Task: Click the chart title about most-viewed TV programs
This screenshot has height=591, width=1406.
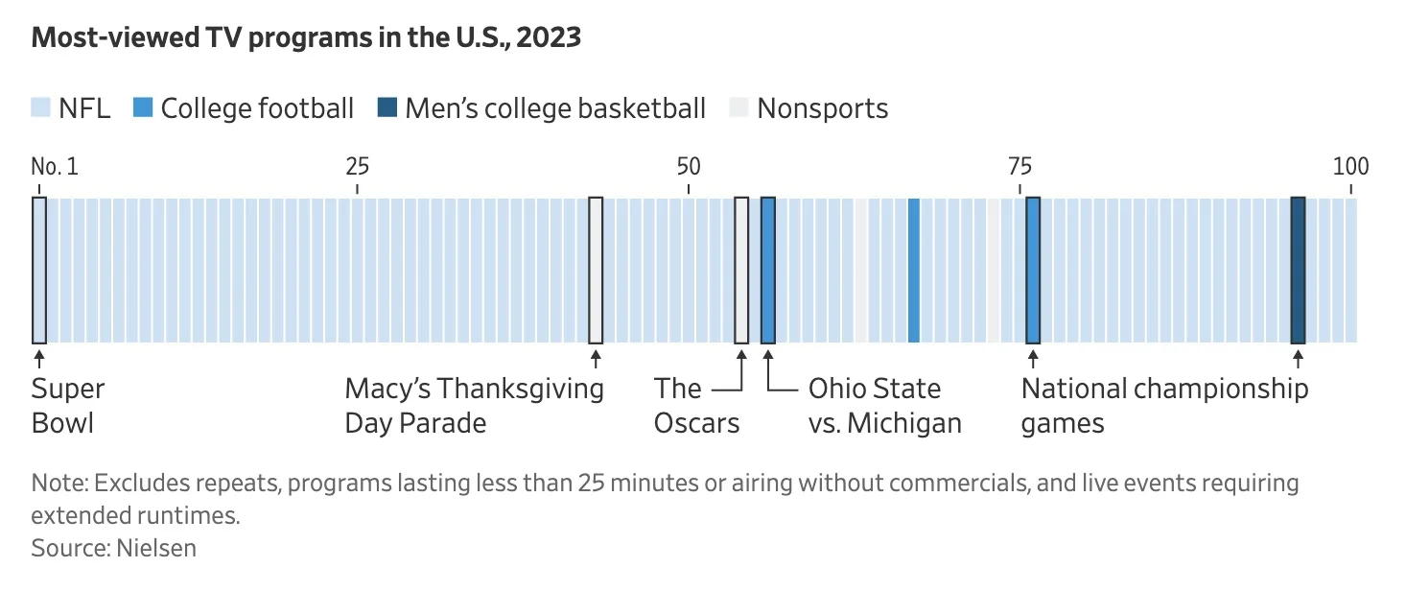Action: coord(306,38)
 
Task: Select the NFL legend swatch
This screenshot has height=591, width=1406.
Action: coord(40,108)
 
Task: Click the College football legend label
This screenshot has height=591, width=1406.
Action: coord(257,108)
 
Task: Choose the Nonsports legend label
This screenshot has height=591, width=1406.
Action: coord(822,108)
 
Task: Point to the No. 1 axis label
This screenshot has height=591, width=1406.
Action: coord(55,167)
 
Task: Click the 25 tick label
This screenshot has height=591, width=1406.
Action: coord(357,167)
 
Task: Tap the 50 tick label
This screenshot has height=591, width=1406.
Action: coord(688,167)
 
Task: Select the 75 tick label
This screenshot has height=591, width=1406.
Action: coord(1019,167)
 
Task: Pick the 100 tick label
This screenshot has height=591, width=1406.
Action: coord(1350,167)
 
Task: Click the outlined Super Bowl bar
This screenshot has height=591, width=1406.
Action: coord(39,270)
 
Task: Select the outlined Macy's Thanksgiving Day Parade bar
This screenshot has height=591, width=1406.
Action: coord(596,270)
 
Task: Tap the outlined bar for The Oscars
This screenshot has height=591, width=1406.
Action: coord(741,270)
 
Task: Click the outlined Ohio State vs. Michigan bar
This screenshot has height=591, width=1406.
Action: coord(768,270)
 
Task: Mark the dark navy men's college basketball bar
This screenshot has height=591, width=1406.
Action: coord(1298,270)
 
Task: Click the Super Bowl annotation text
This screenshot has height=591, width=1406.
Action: coord(67,406)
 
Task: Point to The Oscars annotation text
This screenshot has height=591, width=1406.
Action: coord(696,406)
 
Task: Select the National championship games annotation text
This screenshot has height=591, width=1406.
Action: coord(1163,406)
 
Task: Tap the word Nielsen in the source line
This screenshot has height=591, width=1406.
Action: coord(156,549)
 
